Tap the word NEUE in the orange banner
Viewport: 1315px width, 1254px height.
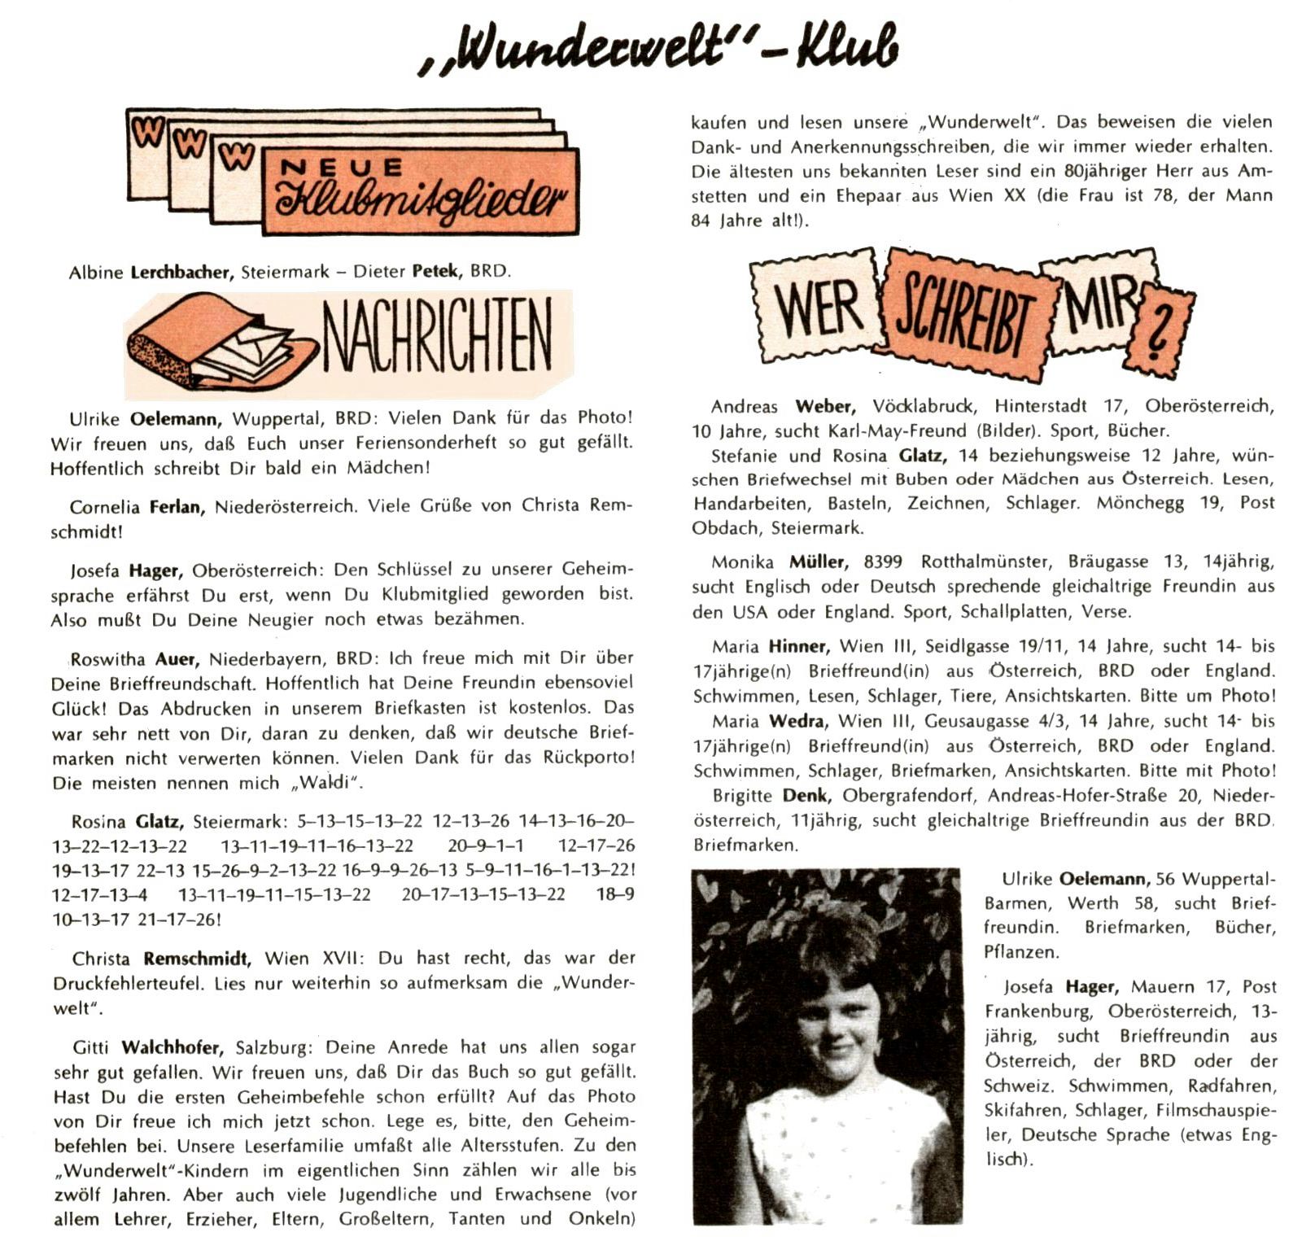coord(341,168)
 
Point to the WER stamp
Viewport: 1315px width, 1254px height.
coord(816,308)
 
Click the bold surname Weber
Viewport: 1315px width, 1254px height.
coord(824,406)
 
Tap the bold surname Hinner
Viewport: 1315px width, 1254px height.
coord(798,647)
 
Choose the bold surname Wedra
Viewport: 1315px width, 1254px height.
coord(797,721)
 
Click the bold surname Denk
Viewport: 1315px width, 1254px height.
coord(806,795)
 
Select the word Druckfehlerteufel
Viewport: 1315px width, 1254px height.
coord(130,983)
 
